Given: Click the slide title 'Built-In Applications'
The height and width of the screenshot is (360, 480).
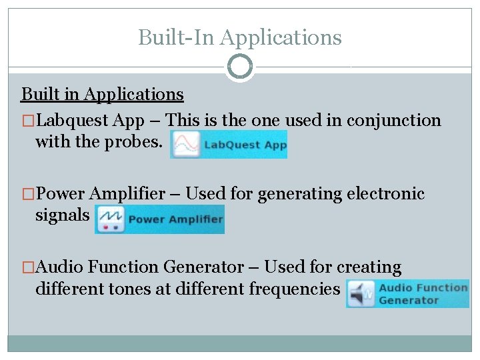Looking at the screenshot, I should tap(239, 37).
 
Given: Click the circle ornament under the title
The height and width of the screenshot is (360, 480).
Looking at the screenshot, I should tap(240, 67).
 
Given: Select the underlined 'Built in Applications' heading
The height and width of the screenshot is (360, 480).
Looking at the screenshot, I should tap(103, 94).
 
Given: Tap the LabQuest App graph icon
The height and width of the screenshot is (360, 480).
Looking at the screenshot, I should tap(185, 144).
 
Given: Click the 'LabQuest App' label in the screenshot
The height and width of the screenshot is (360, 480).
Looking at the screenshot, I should tap(245, 145).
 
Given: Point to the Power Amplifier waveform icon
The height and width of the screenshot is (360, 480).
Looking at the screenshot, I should tap(109, 219).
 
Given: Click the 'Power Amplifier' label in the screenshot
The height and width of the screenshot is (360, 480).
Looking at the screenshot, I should tap(175, 219).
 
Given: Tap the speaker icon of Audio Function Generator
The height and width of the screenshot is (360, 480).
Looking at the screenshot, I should tap(361, 294).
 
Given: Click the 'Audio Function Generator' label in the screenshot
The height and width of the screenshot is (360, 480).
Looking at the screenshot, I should tap(423, 294).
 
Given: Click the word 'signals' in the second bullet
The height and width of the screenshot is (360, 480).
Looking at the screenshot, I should tap(62, 215).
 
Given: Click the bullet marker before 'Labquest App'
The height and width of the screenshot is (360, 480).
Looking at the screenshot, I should tap(27, 121).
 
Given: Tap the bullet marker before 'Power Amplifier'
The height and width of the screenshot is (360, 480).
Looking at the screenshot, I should tap(27, 194).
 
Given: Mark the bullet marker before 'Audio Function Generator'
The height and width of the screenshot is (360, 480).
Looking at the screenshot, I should tap(27, 267).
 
